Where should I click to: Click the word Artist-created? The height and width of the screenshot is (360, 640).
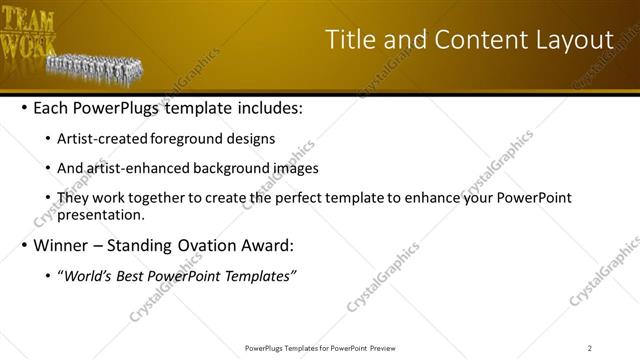coord(103,139)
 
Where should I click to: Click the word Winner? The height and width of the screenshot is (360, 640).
coord(65,245)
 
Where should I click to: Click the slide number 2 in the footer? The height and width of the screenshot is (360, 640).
coord(590,348)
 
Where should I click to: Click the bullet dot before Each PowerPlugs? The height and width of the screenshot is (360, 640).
coord(24,108)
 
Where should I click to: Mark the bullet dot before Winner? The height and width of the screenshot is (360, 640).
coord(24,245)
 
